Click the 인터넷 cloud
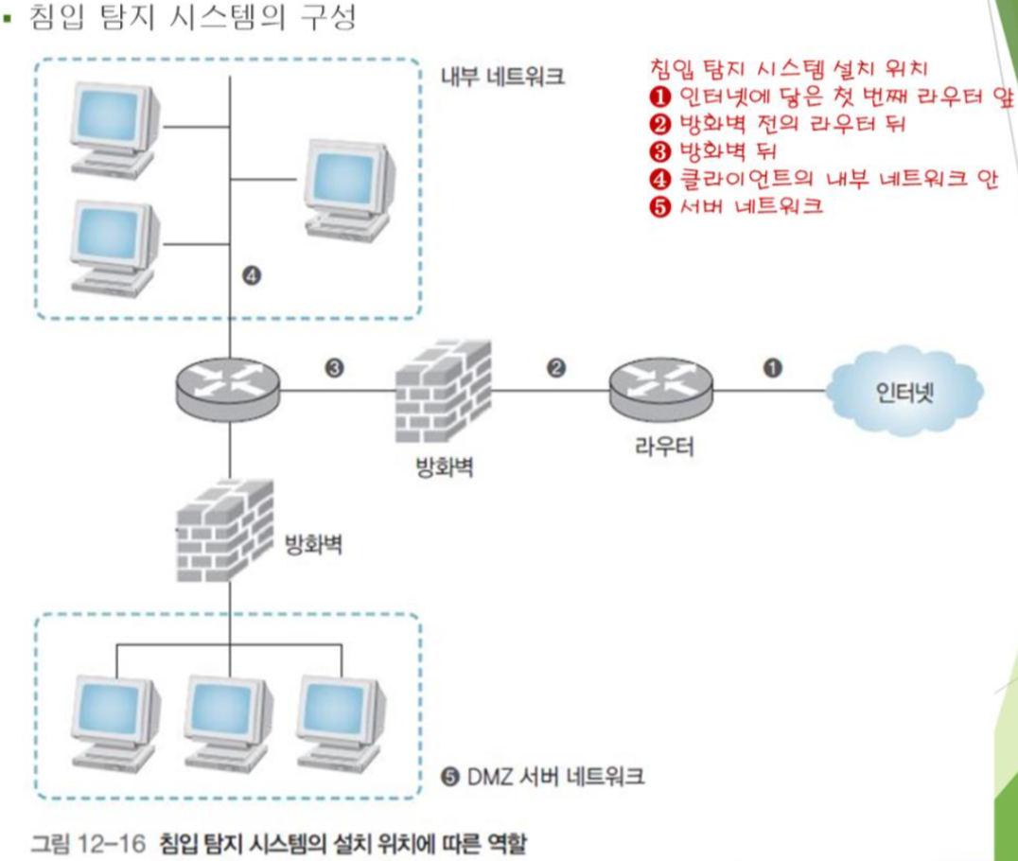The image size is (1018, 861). pyautogui.click(x=904, y=391)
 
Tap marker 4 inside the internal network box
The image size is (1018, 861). pyautogui.click(x=252, y=276)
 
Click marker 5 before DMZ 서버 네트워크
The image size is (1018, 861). pyautogui.click(x=450, y=777)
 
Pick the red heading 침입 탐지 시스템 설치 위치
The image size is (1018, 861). pyautogui.click(x=791, y=69)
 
